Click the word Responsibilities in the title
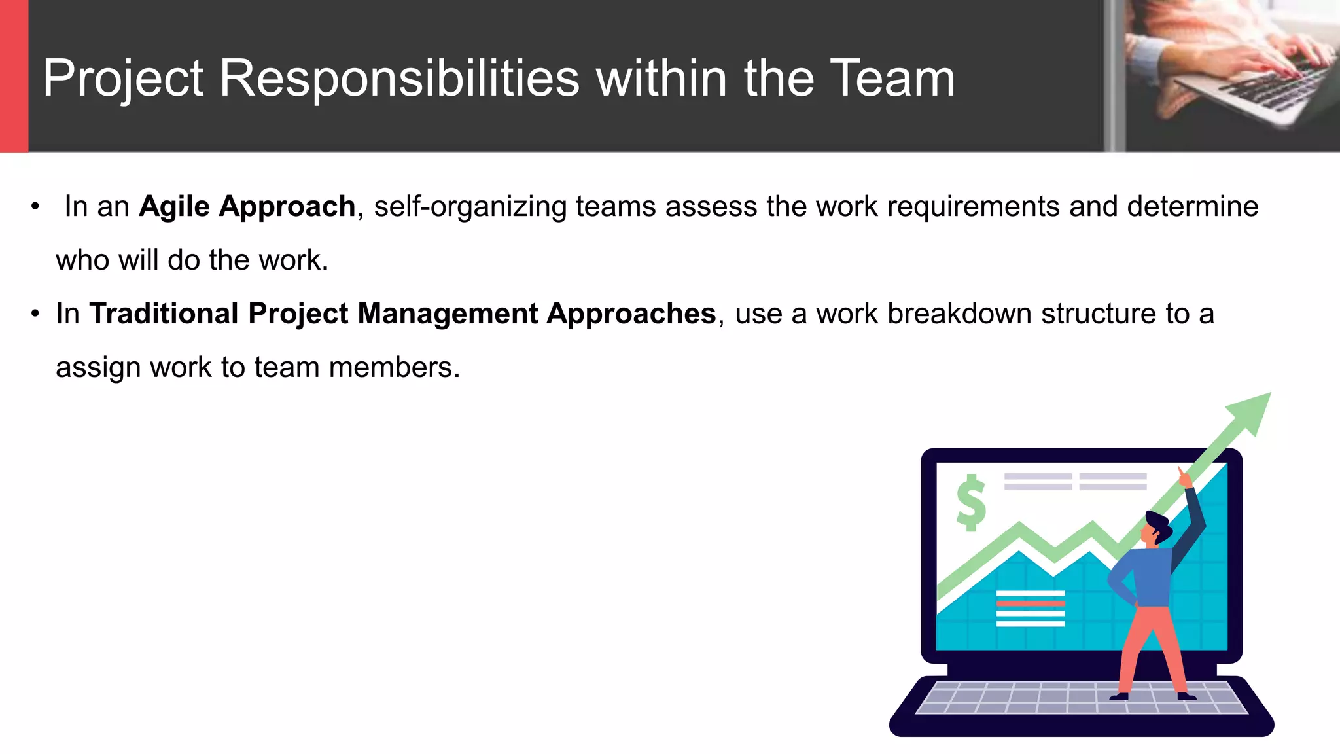399,79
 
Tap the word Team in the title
892,79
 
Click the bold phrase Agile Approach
247,207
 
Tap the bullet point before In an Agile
35,207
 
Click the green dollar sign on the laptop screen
971,503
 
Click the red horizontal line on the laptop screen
1030,603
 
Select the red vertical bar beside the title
14,76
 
